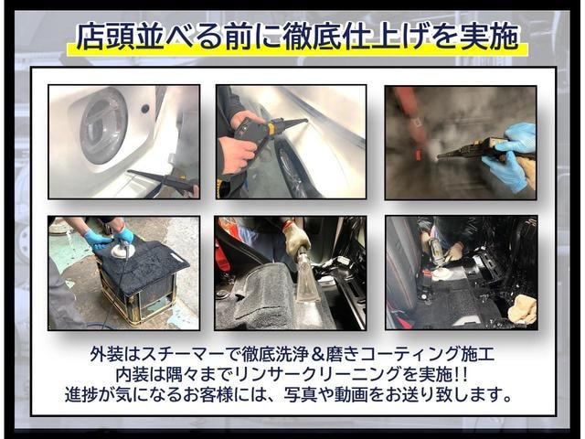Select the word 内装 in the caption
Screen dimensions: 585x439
132,374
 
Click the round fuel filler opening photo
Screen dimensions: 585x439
124,142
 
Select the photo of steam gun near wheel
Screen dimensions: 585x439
291,142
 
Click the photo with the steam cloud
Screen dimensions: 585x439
461,143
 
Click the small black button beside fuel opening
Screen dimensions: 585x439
144,109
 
